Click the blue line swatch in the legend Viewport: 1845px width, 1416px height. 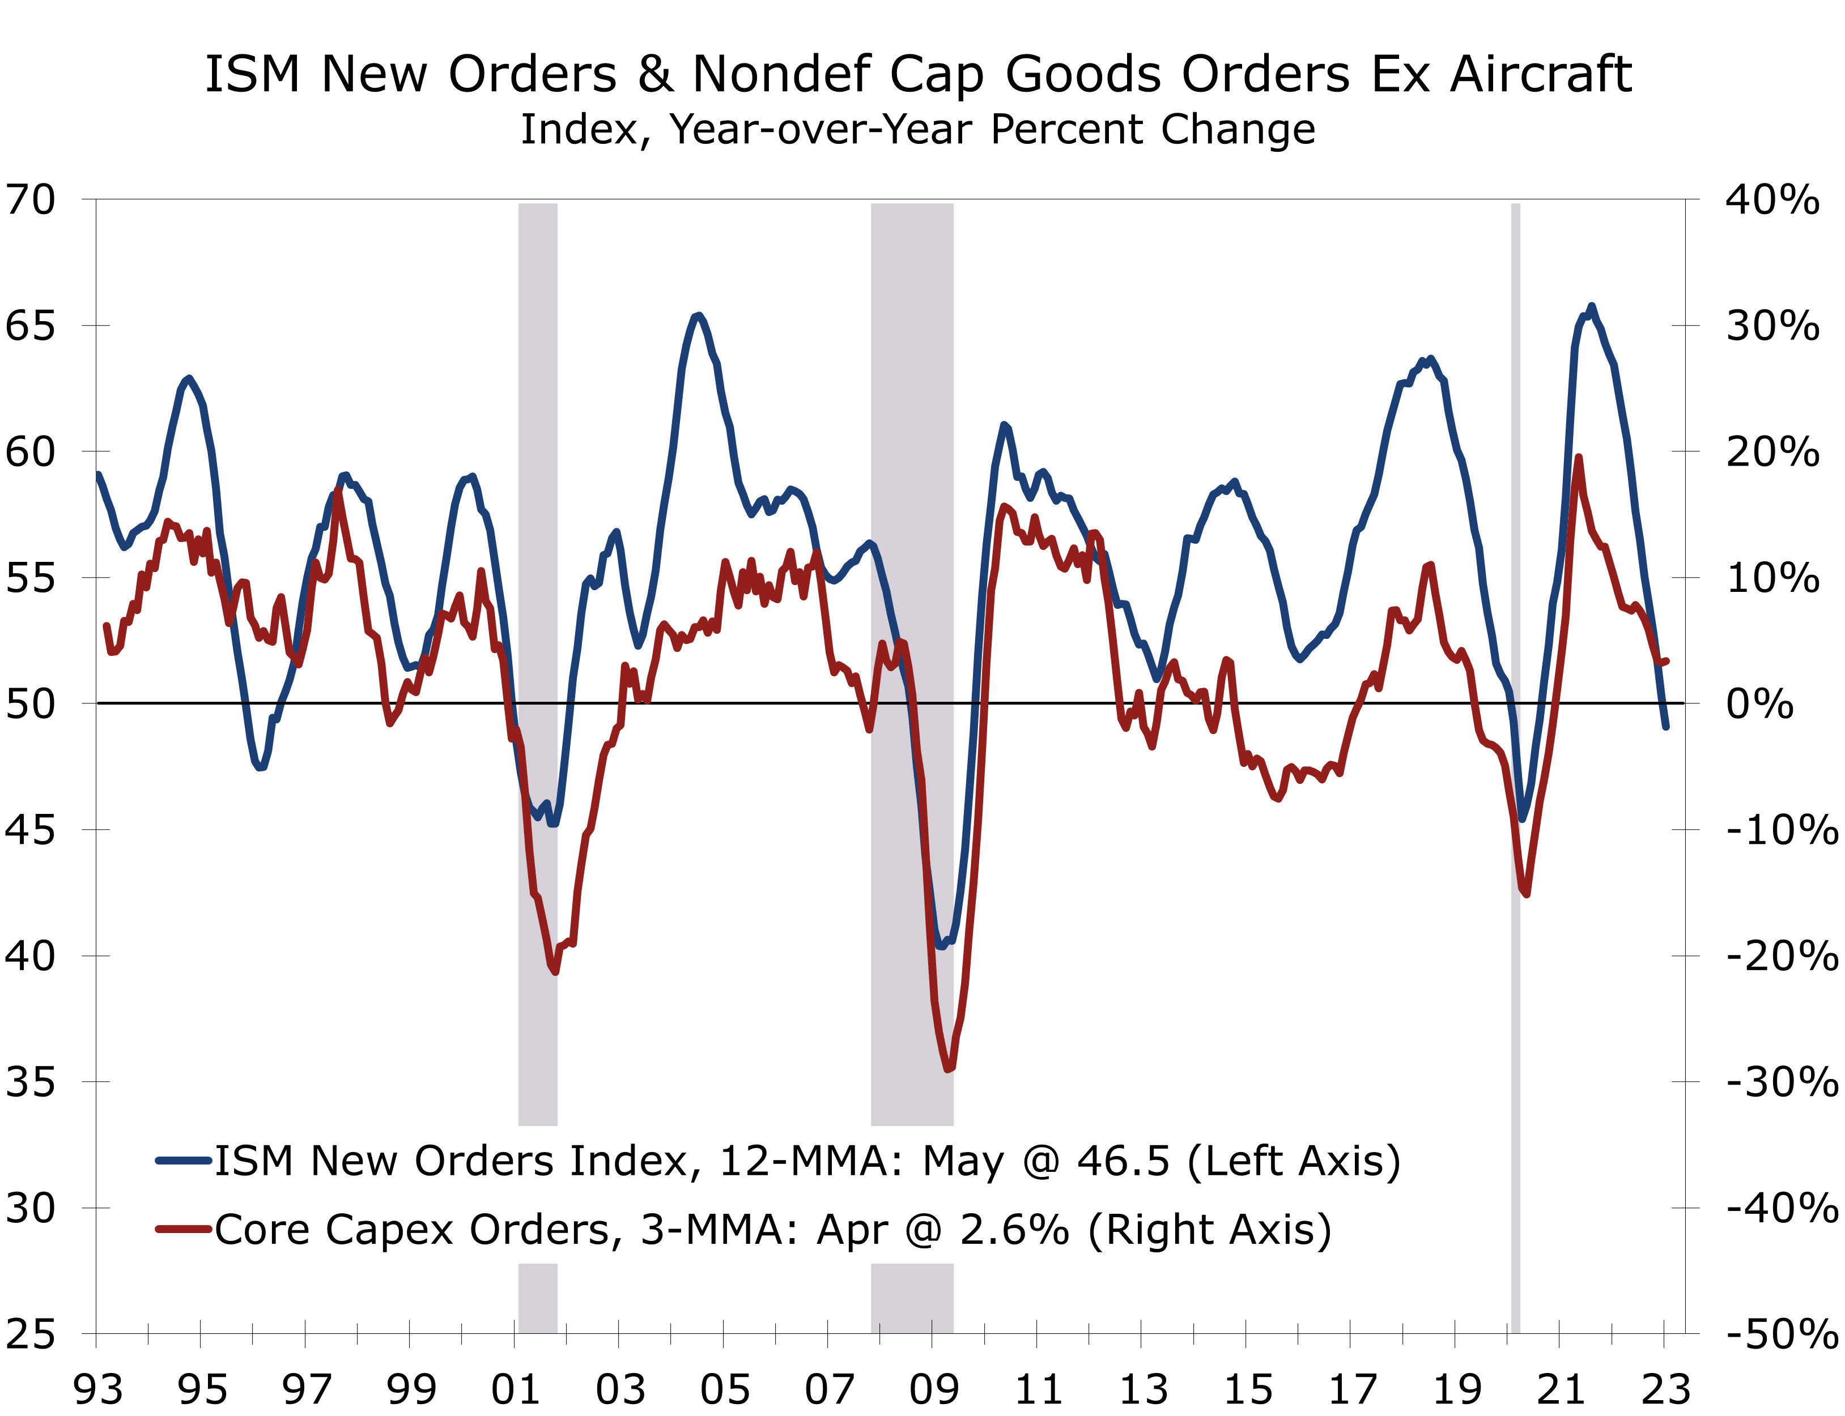pos(183,1161)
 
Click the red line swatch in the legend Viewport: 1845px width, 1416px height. pos(183,1230)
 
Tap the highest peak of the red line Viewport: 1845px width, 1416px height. pos(1578,458)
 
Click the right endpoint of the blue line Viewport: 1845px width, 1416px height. pos(1665,726)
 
